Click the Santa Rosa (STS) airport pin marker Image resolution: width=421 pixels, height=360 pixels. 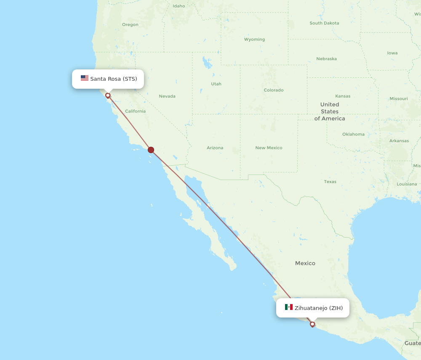pos(108,95)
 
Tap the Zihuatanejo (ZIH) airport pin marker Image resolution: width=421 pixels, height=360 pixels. pos(312,324)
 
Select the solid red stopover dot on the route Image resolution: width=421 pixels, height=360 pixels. pos(151,150)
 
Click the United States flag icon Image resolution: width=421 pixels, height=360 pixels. pos(85,78)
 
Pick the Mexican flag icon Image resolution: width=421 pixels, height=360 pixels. pos(288,307)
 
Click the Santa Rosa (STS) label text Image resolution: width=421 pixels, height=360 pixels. pos(113,79)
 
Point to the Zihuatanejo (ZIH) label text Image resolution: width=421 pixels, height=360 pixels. pos(319,308)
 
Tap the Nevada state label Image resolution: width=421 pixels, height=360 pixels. pos(167,96)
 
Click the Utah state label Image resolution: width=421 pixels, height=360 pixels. pos(216,84)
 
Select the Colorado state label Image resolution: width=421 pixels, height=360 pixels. pos(274,90)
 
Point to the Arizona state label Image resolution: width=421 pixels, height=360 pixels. pos(215,148)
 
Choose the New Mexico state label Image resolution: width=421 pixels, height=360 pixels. pos(269,148)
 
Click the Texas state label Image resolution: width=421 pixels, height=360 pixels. pos(330,182)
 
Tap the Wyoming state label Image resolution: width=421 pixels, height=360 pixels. pos(254,40)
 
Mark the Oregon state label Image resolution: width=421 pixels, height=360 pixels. pos(130,24)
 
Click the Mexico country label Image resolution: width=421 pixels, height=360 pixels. pos(305,263)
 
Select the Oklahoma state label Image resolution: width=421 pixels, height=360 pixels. pos(353,134)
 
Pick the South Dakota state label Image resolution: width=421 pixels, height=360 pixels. pos(324,23)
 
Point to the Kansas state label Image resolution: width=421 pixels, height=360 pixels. pos(343,96)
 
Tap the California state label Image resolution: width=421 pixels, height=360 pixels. pos(135,111)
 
